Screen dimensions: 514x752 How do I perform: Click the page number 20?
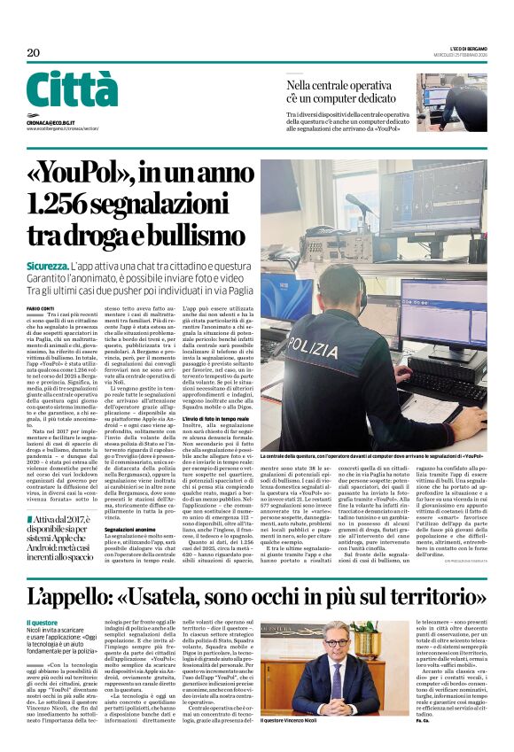pyautogui.click(x=34, y=53)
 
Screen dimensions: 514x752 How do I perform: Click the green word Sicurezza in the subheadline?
pyautogui.click(x=49, y=266)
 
